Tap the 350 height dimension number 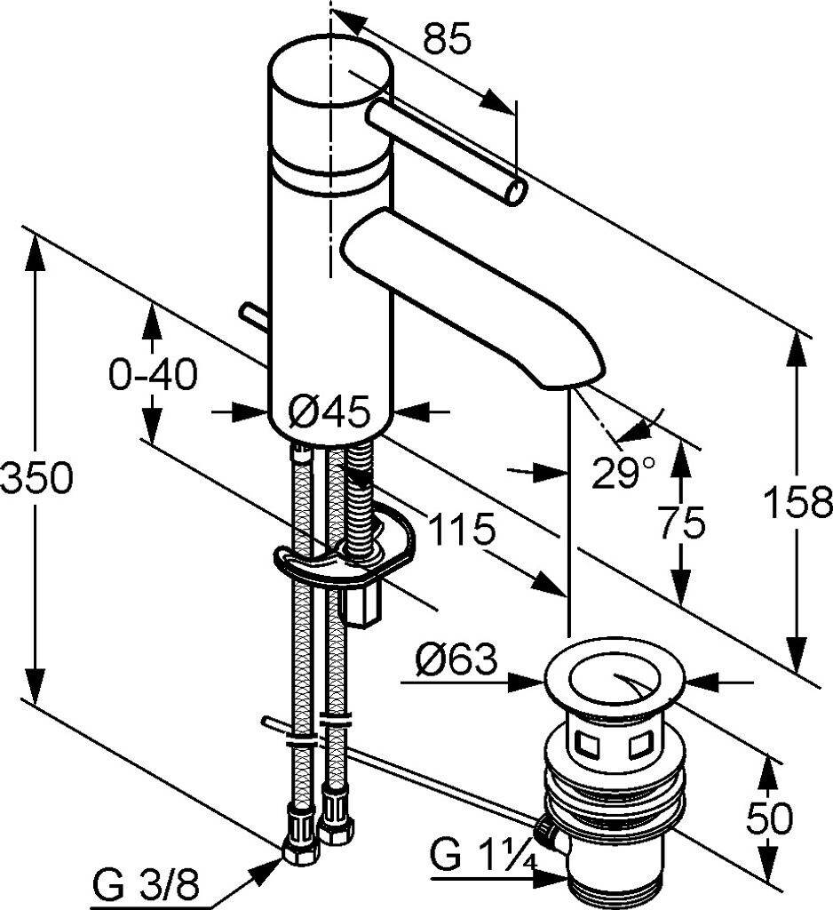[36, 480]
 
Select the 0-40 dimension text [152, 376]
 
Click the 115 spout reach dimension [461, 531]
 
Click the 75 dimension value [682, 523]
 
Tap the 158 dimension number [797, 503]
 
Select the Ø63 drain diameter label [456, 660]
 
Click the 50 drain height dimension [769, 818]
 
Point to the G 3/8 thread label [147, 885]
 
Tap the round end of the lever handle [515, 190]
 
